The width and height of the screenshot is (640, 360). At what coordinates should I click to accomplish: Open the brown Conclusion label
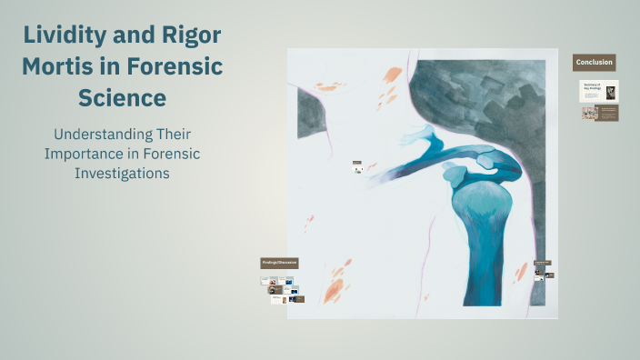tap(594, 63)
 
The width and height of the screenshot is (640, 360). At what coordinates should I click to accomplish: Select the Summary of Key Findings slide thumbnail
tap(600, 91)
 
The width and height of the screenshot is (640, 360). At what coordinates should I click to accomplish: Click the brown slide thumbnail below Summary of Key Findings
tap(600, 113)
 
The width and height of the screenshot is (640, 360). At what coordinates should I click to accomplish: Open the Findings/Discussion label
tap(280, 262)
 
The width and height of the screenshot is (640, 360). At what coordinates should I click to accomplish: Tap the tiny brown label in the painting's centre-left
tap(357, 165)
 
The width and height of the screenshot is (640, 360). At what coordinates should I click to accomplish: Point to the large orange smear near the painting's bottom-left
tap(335, 290)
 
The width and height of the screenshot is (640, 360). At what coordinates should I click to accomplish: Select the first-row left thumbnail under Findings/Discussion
tap(270, 281)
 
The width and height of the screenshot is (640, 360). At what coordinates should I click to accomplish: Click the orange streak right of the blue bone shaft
tap(522, 271)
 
